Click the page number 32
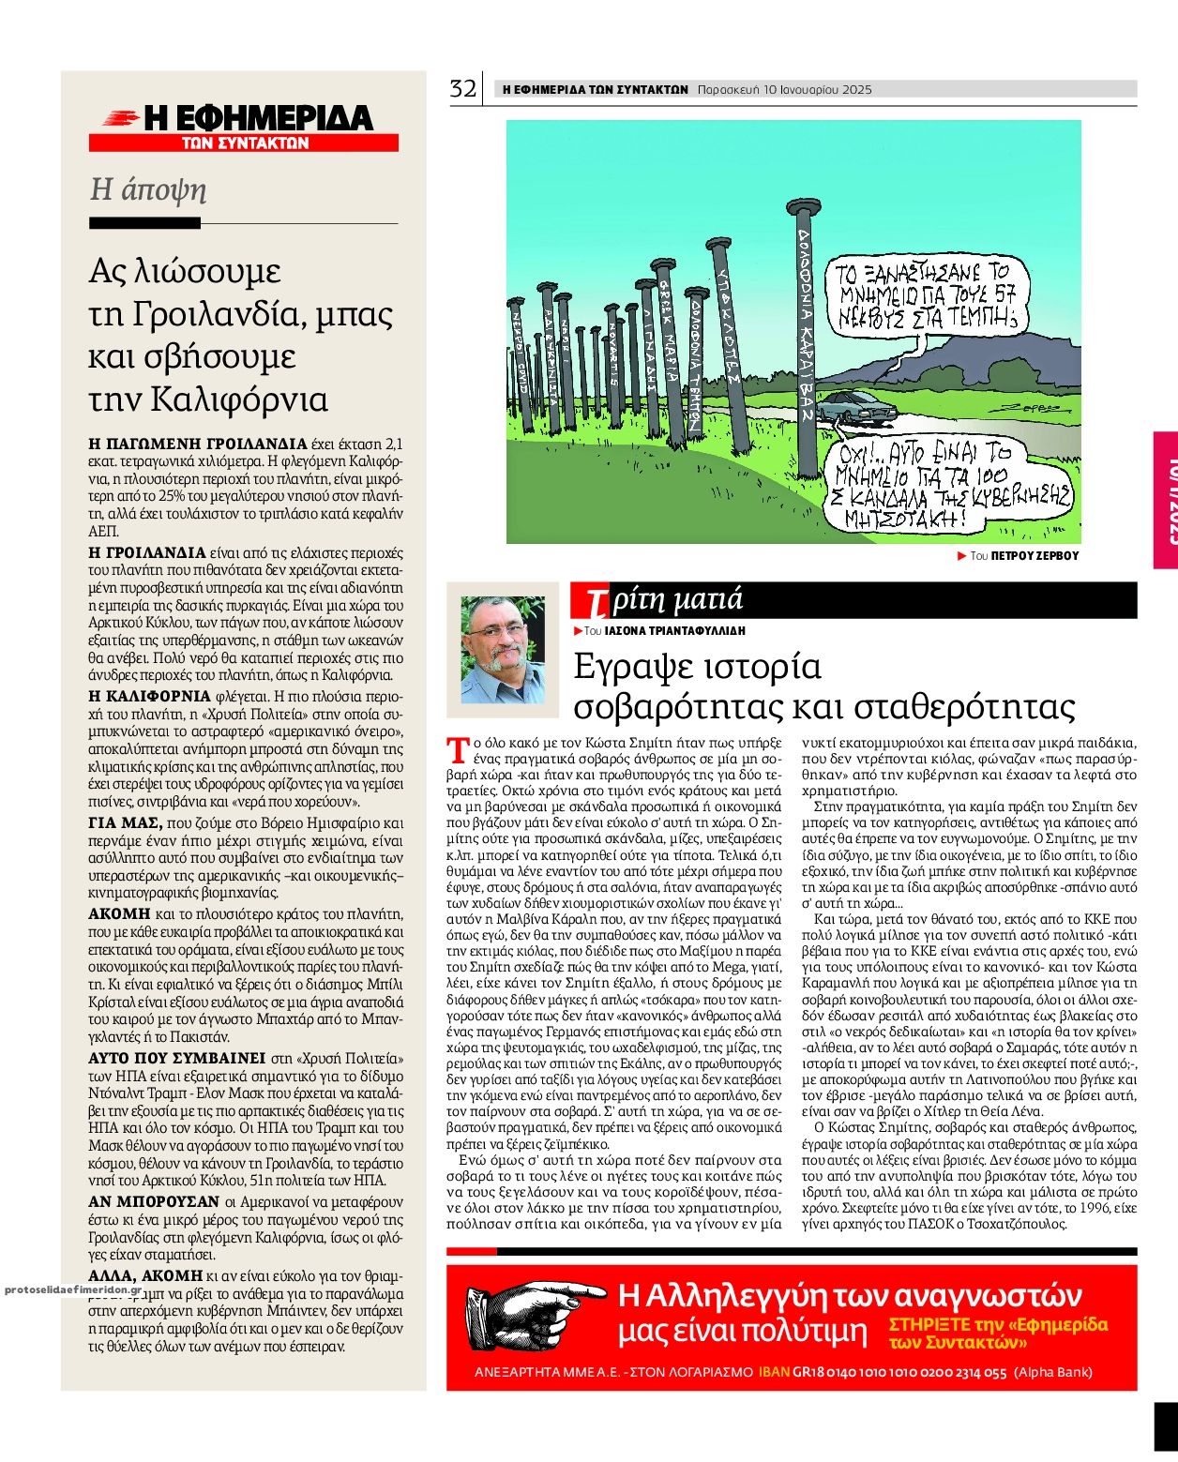[x=462, y=89]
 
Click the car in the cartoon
[x=854, y=406]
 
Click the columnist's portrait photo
[x=503, y=649]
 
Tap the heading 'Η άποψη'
[x=147, y=189]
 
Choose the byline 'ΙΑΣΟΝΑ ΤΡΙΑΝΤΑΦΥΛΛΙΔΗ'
[x=674, y=631]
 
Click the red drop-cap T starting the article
[x=457, y=749]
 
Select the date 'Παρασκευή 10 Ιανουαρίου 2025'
[x=784, y=90]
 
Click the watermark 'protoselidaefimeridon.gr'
[x=71, y=1289]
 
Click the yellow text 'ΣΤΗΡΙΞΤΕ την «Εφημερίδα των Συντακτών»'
[x=997, y=1333]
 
